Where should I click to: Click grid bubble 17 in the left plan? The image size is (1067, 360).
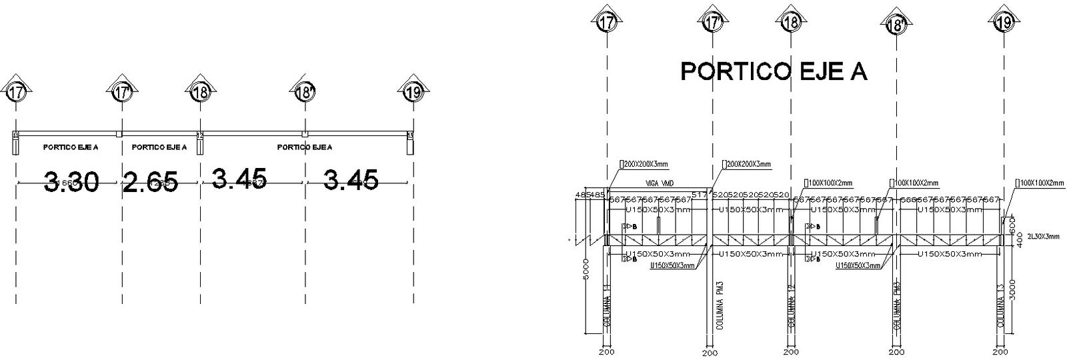tap(15, 92)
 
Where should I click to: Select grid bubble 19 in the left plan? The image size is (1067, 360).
tap(413, 92)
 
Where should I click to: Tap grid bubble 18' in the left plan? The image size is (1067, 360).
tap(305, 92)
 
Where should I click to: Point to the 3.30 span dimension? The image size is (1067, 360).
tap(71, 181)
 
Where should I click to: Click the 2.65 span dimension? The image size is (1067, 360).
tap(150, 181)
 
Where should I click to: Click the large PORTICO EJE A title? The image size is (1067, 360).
tap(773, 71)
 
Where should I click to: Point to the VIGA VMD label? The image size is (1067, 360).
tap(658, 182)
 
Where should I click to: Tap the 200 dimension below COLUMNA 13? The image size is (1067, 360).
tap(1000, 351)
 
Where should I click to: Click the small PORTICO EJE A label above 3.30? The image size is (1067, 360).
tap(71, 147)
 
